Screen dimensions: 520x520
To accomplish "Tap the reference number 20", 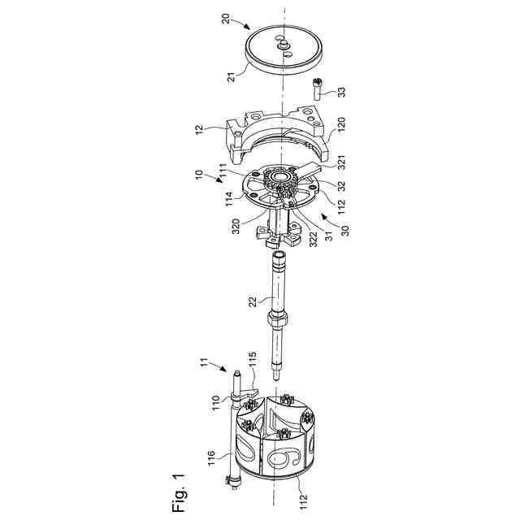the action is [226, 19].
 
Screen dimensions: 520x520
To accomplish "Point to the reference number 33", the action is [341, 91].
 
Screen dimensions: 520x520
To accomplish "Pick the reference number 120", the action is [341, 124].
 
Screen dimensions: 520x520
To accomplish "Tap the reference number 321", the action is [341, 162].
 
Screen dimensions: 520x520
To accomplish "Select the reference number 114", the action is [229, 198].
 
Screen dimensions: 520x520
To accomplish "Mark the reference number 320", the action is [236, 226].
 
